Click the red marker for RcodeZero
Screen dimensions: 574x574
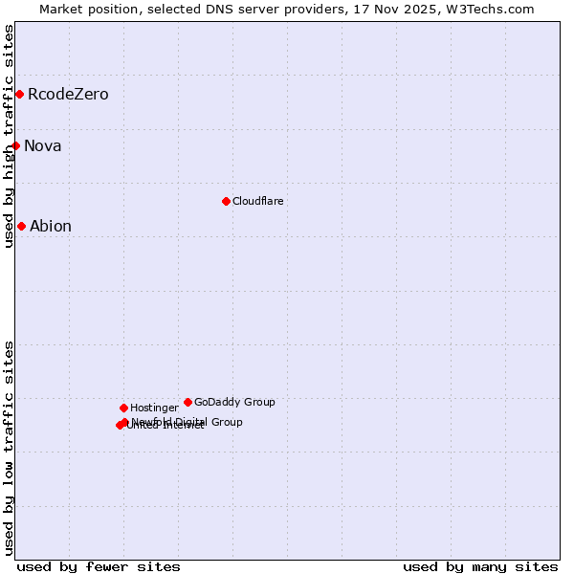[x=19, y=94]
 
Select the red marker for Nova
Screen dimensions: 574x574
[x=16, y=145]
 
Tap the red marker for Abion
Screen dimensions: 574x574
[x=21, y=226]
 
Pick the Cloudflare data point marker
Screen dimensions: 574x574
[x=226, y=201]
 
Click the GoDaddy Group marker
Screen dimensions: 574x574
[x=188, y=402]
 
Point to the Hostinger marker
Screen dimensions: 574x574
[x=123, y=408]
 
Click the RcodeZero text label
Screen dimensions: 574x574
[x=68, y=94]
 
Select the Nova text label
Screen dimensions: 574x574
[x=43, y=145]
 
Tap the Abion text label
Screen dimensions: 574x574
[x=51, y=226]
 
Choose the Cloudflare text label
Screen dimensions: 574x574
[x=258, y=201]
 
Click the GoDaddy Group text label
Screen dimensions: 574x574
[x=234, y=402]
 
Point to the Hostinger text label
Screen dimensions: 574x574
[x=154, y=408]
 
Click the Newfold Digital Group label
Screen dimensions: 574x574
[x=188, y=421]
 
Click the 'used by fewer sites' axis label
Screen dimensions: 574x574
[x=99, y=566]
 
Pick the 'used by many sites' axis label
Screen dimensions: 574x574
[x=480, y=566]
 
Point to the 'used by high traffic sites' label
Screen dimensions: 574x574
[x=9, y=136]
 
